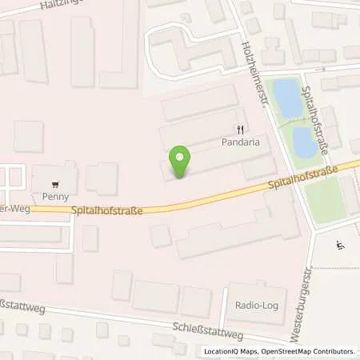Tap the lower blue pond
[x=303, y=142]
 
